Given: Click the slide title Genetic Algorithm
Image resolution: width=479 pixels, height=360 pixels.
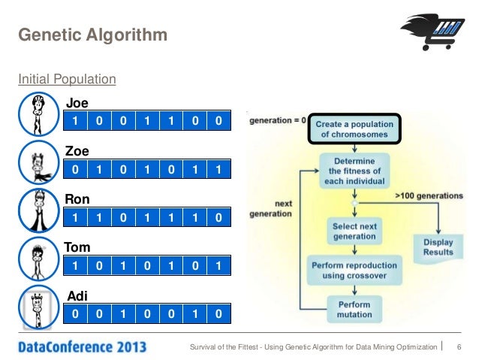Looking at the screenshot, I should point(92,35).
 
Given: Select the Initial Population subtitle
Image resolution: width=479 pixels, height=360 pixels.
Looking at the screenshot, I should point(67,78).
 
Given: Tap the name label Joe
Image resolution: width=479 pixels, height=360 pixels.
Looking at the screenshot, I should point(77,104).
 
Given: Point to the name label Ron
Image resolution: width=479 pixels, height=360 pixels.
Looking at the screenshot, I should point(77,199).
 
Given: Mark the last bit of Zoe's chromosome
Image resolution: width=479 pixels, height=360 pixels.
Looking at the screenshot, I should point(218,170).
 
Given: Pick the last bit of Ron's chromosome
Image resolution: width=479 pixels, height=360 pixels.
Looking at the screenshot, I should point(218,217).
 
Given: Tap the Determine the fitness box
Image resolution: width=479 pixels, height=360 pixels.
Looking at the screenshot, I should point(353,171).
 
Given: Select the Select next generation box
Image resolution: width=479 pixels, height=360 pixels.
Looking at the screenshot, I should point(354,231).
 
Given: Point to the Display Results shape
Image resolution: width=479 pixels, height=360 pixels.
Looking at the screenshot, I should point(438,247).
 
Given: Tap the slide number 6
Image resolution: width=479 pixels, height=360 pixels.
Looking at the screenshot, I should point(458,346).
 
